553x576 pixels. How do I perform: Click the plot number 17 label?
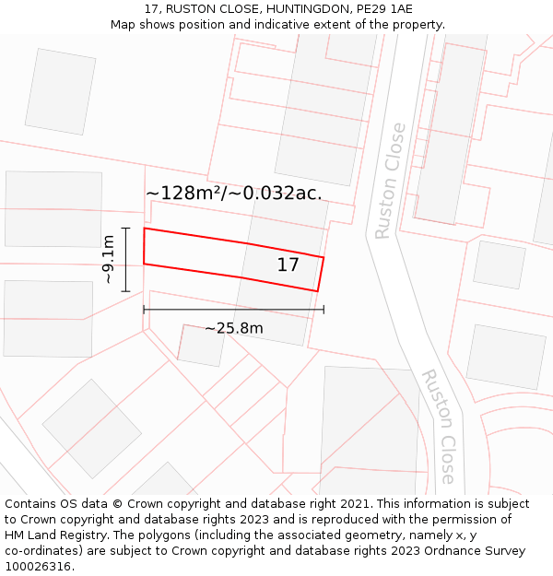point(288,265)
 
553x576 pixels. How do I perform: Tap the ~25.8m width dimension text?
point(234,328)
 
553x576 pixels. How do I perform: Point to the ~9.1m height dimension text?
point(109,259)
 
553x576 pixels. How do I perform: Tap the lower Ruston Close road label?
point(438,427)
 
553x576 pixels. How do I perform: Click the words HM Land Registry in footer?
point(51,535)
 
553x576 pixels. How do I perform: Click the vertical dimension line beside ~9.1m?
point(126,259)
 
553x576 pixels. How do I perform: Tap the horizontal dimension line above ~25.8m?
point(234,310)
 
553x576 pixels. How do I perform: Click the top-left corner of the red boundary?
point(145,229)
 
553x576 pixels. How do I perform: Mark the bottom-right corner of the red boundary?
point(317,291)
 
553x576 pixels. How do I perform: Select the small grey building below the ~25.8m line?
point(200,345)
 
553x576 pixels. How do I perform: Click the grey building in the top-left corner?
point(61,91)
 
